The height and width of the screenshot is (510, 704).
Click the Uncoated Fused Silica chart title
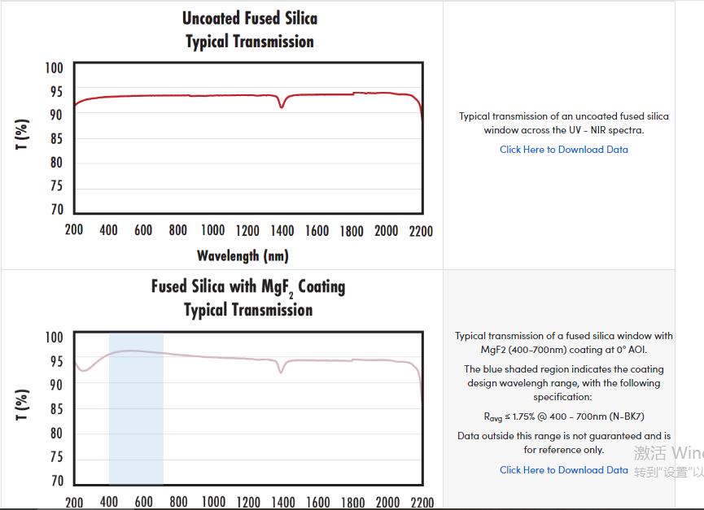(x=249, y=18)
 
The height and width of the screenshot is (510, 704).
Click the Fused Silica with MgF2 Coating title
(x=248, y=287)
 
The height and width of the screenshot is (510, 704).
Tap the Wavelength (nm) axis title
(x=243, y=255)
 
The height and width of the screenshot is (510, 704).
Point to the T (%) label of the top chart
(x=23, y=134)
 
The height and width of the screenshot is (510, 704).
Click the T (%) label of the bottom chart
(x=23, y=404)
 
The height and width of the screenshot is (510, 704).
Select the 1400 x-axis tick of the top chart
(x=282, y=231)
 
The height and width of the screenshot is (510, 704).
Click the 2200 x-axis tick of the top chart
(x=421, y=231)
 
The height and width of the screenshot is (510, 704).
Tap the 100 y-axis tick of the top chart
(x=54, y=68)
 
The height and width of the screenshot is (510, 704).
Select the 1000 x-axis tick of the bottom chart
(x=213, y=502)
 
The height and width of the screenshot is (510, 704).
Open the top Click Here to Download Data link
(x=563, y=150)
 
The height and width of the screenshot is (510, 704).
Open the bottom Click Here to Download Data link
(x=563, y=470)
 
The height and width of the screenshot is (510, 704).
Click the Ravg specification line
(x=563, y=416)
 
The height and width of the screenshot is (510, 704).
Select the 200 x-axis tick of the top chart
(x=74, y=231)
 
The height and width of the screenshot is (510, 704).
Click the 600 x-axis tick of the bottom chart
(x=144, y=502)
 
